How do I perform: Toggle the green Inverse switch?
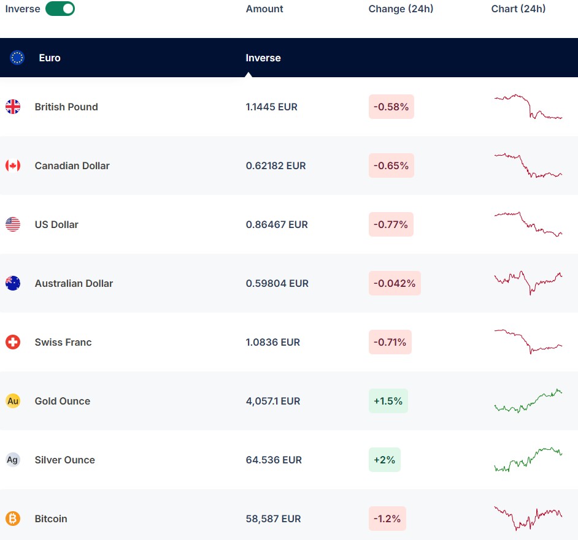[x=60, y=9]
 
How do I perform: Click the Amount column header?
[x=264, y=9]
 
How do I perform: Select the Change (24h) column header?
[x=401, y=9]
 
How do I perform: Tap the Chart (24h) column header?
[x=518, y=9]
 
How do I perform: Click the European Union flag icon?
[x=17, y=58]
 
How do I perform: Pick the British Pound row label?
[x=66, y=107]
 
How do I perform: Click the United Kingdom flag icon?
[x=13, y=107]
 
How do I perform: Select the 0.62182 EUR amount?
[x=276, y=165]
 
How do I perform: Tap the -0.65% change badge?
[x=391, y=165]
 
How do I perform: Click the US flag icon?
[x=13, y=224]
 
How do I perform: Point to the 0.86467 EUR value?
[x=277, y=224]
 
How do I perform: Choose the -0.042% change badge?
[x=395, y=283]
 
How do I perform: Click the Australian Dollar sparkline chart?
[x=528, y=282]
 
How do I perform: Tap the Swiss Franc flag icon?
[x=13, y=342]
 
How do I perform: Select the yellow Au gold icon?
[x=13, y=401]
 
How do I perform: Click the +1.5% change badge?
[x=388, y=401]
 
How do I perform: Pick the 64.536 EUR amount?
[x=274, y=460]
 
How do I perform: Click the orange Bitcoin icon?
[x=13, y=519]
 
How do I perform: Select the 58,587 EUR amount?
[x=273, y=519]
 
